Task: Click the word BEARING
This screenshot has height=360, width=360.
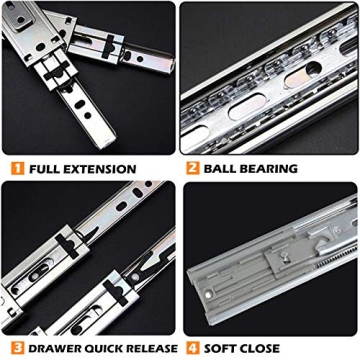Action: (x=273, y=168)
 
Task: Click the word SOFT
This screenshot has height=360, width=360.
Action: (x=225, y=348)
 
